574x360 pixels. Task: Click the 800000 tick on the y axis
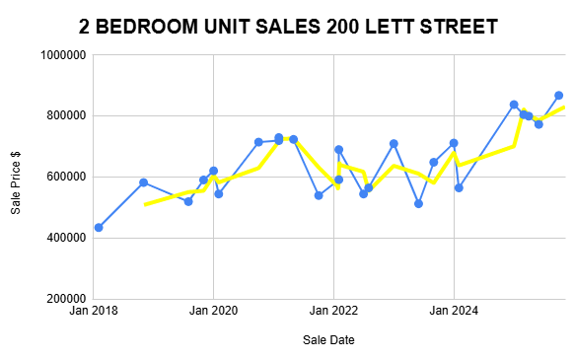[x=62, y=116]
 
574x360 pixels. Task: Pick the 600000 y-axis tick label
[x=62, y=178]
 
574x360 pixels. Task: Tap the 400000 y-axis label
[x=62, y=238]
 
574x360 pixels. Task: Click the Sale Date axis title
[x=329, y=340]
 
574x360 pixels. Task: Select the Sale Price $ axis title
[x=15, y=178]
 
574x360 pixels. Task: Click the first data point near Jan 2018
[x=99, y=228]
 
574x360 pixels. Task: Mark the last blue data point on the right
[x=558, y=96]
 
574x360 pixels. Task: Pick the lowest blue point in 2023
[x=419, y=203]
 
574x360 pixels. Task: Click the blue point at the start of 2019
[x=144, y=182]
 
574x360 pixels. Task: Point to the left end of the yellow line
[x=146, y=205]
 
